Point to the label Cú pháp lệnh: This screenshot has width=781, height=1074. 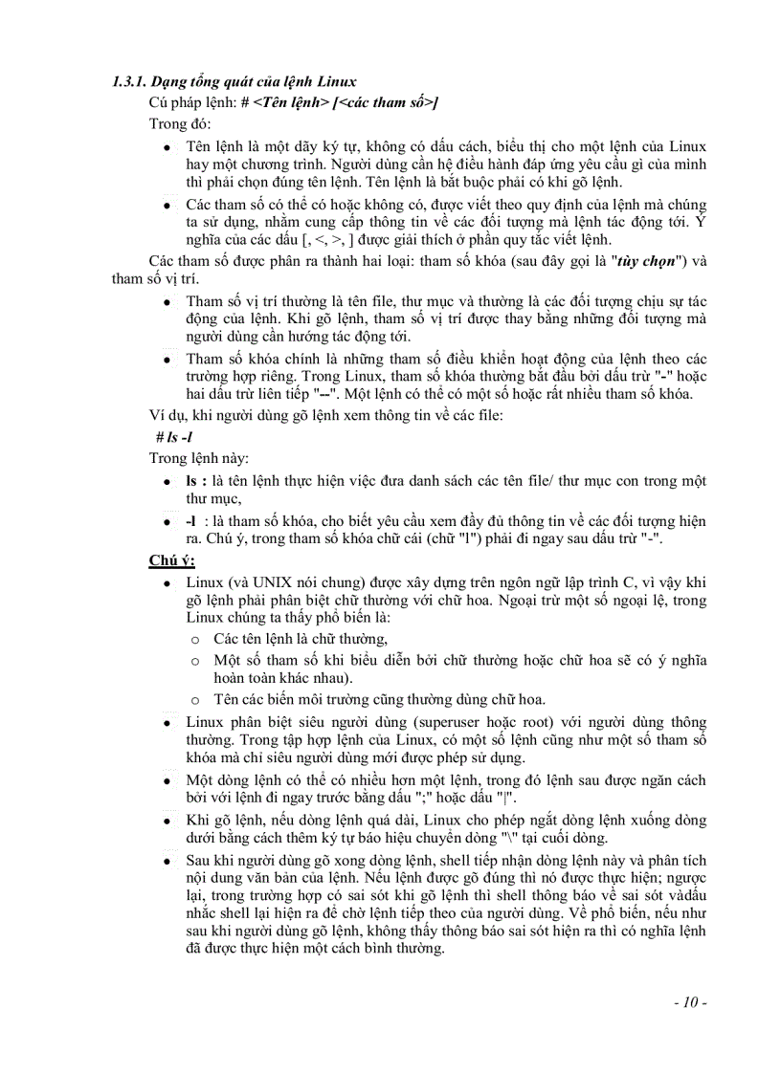(x=190, y=102)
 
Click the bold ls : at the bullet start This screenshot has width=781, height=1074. (x=196, y=480)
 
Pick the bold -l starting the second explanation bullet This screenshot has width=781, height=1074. (x=191, y=520)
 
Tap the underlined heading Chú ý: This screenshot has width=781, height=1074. (x=171, y=560)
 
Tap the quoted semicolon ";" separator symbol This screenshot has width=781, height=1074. (x=498, y=799)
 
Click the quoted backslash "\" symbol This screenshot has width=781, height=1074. (x=547, y=838)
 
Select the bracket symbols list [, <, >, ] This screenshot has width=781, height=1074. (x=331, y=239)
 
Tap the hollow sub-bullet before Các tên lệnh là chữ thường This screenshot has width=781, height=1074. (x=195, y=639)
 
